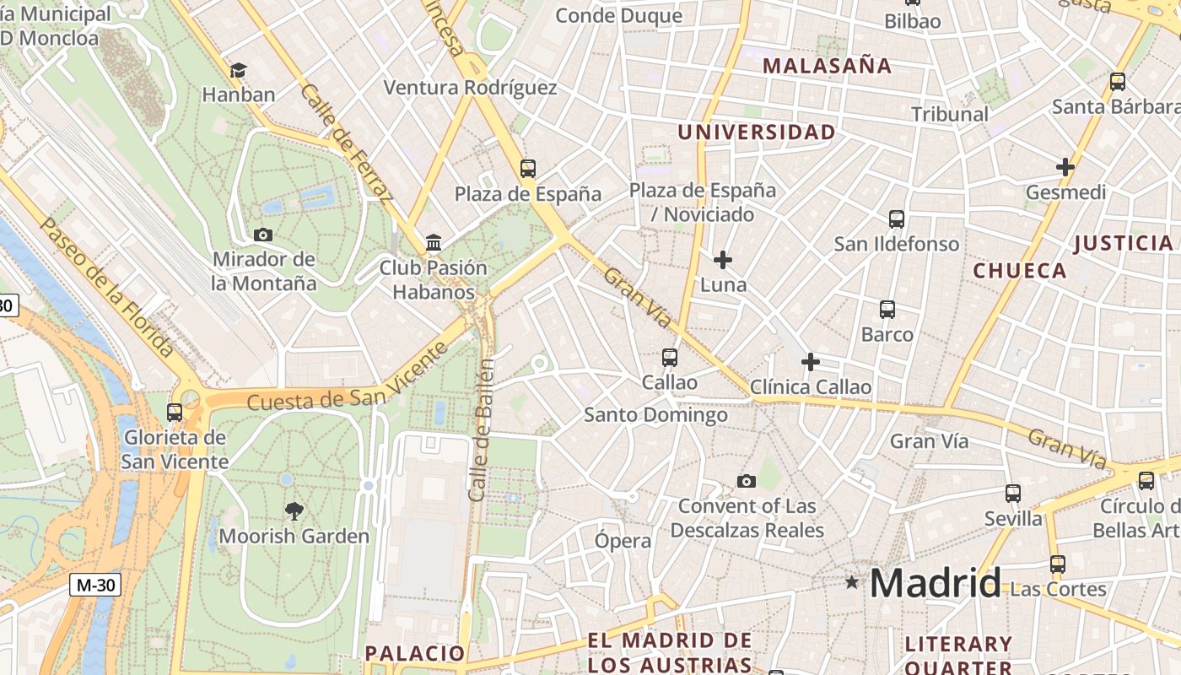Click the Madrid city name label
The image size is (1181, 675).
click(935, 583)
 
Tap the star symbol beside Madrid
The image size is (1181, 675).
click(852, 582)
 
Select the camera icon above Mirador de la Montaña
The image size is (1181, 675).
click(263, 235)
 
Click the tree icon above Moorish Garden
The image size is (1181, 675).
click(294, 510)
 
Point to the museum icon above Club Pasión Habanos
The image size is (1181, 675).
click(434, 243)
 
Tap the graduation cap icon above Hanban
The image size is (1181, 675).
click(239, 69)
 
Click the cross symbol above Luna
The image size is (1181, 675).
click(723, 260)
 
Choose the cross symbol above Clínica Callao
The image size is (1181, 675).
click(811, 362)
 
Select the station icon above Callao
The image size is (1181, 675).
click(670, 358)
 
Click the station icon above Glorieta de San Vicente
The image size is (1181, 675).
click(175, 413)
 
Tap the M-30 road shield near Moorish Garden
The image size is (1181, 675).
click(95, 585)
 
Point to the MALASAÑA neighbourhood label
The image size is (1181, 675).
click(827, 66)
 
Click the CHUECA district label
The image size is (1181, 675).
click(1020, 271)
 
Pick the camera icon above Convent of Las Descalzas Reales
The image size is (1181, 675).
click(747, 481)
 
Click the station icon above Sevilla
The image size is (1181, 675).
click(1013, 494)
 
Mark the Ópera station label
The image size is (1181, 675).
click(623, 541)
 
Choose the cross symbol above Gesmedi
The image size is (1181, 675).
click(1065, 167)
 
